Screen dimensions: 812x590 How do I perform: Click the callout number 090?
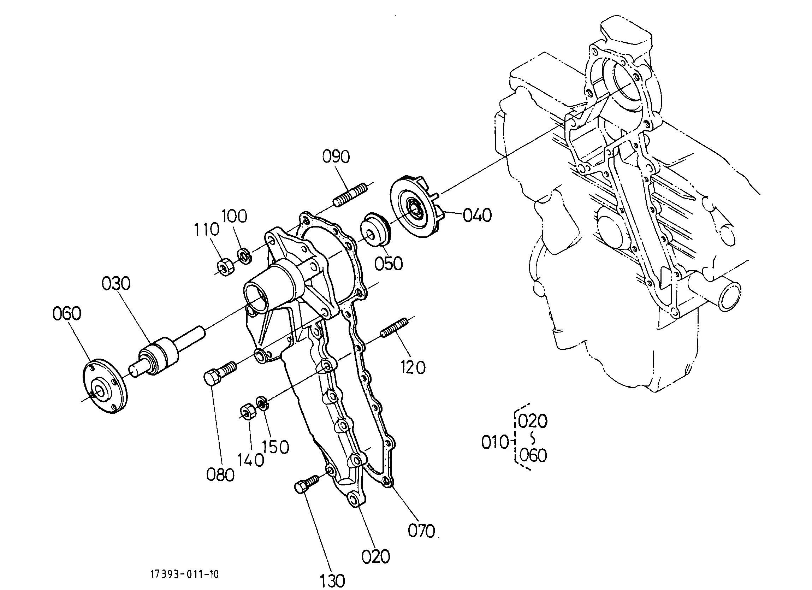[x=336, y=157]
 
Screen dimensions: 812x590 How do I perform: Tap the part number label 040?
[x=477, y=215]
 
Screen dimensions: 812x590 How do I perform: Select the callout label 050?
[x=389, y=264]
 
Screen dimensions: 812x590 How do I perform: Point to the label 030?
[x=116, y=284]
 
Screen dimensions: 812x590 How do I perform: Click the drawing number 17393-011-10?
[x=184, y=574]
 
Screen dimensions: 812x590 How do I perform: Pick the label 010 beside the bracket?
[x=495, y=443]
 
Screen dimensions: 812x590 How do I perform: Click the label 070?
[x=421, y=531]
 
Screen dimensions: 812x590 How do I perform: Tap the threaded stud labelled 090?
[x=350, y=195]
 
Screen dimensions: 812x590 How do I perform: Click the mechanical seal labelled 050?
[x=376, y=230]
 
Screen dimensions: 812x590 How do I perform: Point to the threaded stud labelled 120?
[x=394, y=328]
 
